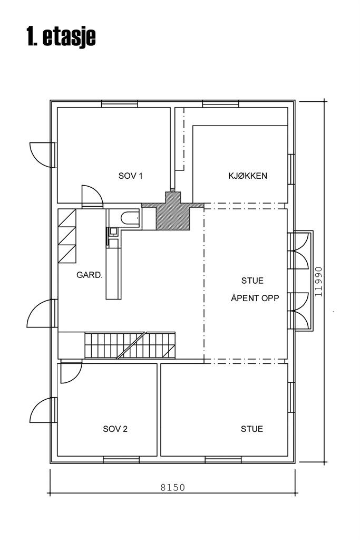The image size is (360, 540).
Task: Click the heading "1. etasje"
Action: [61, 36]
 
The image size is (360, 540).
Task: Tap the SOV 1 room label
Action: [130, 176]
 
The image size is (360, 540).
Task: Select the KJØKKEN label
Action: [247, 176]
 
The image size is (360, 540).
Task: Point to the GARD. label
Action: [90, 275]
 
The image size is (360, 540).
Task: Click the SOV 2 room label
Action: [115, 429]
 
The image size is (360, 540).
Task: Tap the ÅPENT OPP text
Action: [255, 298]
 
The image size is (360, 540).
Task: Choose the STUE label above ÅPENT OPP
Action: [252, 281]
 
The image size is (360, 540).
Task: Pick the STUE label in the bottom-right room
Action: [251, 429]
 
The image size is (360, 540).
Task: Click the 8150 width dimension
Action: [173, 487]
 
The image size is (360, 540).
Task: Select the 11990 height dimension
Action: [318, 282]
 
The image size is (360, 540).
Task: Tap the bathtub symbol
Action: [130, 218]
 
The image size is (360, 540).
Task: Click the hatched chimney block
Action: [173, 211]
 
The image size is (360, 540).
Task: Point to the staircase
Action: [130, 345]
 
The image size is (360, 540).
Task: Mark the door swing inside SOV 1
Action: [92, 197]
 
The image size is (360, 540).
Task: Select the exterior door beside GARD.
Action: [42, 313]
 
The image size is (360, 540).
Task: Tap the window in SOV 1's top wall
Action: [120, 104]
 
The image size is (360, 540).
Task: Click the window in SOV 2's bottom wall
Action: [121, 460]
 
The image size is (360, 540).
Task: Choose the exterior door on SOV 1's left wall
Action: [42, 155]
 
